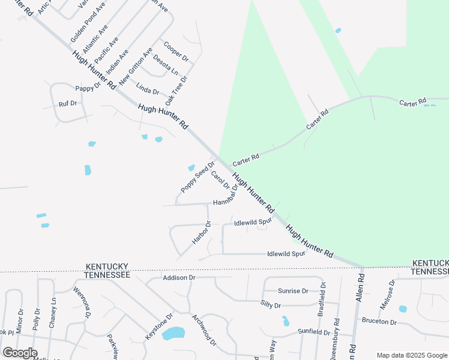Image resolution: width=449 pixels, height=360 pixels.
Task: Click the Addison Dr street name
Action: click(x=179, y=278)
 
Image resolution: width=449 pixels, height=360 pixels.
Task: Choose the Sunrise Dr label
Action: click(x=293, y=291)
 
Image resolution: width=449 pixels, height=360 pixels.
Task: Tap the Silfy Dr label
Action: click(x=270, y=305)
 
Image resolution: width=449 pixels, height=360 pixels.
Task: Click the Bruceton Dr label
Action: click(x=379, y=322)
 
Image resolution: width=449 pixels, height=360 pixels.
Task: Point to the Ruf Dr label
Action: click(x=68, y=103)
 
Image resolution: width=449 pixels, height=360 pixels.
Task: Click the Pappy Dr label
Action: click(x=88, y=88)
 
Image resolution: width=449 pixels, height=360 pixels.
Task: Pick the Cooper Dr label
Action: click(x=176, y=52)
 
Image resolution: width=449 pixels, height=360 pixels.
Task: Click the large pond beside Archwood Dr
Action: click(x=173, y=333)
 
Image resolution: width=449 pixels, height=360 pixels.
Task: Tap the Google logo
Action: click(x=19, y=353)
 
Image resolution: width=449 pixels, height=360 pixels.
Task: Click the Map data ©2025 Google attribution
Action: click(x=411, y=355)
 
